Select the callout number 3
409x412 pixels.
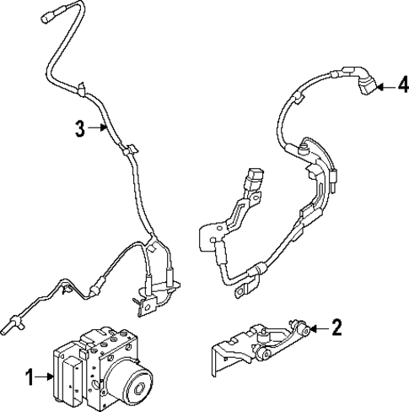pos(78,128)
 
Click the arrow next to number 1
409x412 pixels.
pos(47,377)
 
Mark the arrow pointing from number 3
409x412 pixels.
pos(95,128)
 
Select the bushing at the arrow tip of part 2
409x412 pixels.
pos(302,328)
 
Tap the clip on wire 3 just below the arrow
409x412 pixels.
pos(128,152)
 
